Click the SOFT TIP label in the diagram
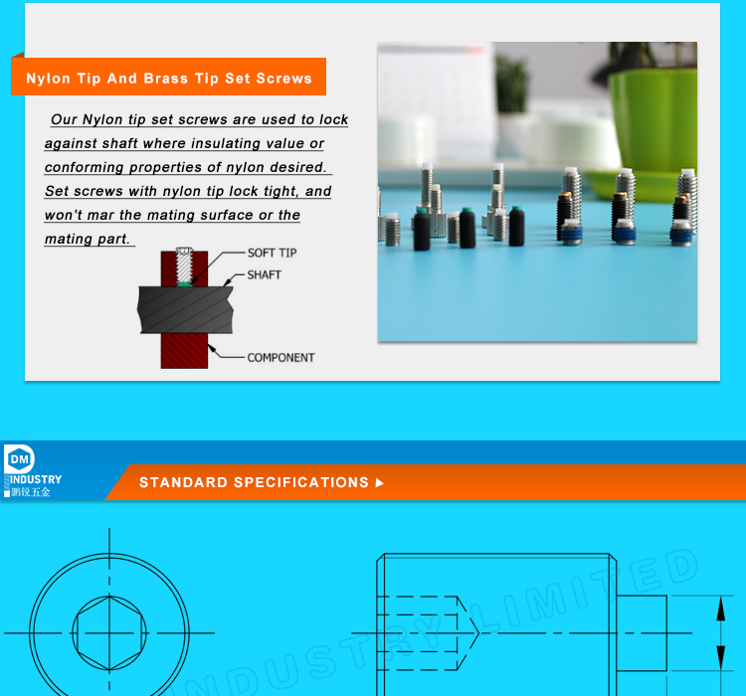(272, 253)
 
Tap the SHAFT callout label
(264, 275)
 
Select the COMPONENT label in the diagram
(280, 358)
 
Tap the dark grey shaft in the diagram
(189, 309)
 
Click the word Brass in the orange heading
(166, 79)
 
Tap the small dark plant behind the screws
(512, 80)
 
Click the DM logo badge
(20, 458)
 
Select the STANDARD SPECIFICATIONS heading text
(254, 482)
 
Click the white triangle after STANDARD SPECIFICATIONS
(379, 483)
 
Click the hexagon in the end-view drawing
(109, 632)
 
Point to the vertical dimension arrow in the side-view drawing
(721, 632)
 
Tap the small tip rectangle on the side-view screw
(642, 632)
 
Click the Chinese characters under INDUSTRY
(31, 491)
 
